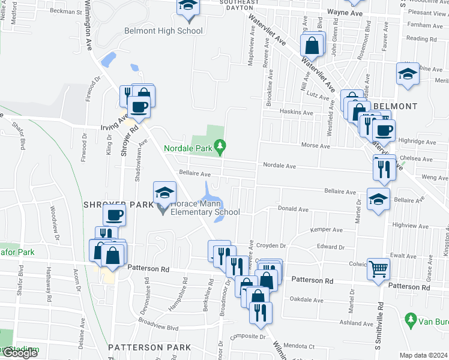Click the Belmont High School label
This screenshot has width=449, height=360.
(163, 31)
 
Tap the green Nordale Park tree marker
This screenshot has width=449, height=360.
(221, 145)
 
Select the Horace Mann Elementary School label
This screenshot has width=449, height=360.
(205, 208)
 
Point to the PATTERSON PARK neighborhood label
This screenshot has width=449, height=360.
(149, 347)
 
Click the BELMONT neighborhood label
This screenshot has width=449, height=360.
(395, 106)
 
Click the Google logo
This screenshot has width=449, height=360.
(20, 353)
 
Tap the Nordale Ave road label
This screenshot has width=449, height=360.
(279, 166)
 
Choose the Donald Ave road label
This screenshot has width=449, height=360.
(292, 209)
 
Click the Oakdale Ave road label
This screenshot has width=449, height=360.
(307, 300)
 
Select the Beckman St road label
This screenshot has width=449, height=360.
(66, 11)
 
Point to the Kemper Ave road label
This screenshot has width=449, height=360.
(327, 230)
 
